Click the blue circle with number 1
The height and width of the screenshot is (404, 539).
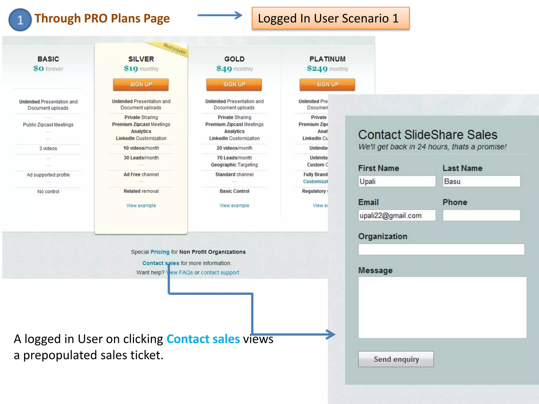pos(20,20)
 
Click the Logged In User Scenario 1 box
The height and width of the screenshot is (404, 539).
pos(330,18)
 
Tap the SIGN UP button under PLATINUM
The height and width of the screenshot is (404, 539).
pos(327,84)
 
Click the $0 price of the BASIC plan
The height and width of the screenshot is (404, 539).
pos(39,68)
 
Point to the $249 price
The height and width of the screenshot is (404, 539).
pos(317,69)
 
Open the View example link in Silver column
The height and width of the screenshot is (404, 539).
pos(141,205)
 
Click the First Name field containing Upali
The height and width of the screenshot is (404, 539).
pos(397,181)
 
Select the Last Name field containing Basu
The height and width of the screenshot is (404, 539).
pos(481,181)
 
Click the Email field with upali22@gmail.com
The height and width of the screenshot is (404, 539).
pos(397,215)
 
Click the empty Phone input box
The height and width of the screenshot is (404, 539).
pos(481,215)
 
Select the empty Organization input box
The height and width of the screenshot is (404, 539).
pos(441,249)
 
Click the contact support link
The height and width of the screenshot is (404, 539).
pos(220,272)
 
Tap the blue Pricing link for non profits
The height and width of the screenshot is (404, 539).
pos(160,252)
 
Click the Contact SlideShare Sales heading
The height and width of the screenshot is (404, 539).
pos(428,135)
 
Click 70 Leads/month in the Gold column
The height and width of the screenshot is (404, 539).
pos(234,158)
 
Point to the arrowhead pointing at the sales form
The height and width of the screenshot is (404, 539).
pos(331,334)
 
